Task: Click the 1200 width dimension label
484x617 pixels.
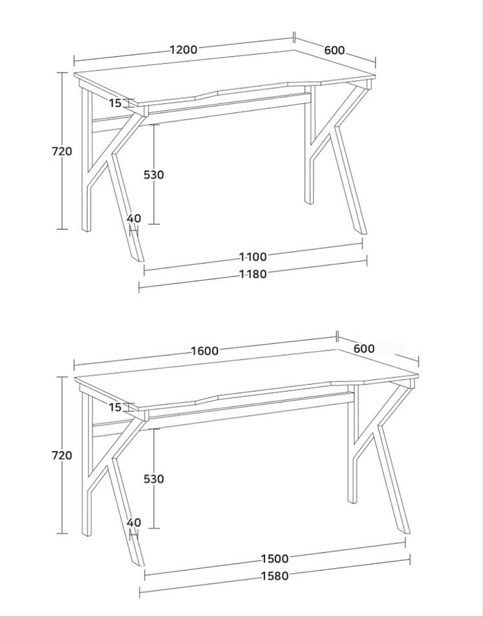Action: coord(183,50)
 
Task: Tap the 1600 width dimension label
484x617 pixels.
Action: coord(205,350)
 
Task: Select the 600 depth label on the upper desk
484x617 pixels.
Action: coord(334,50)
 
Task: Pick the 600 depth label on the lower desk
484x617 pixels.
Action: coord(364,349)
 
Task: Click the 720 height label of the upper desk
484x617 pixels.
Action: coord(62,151)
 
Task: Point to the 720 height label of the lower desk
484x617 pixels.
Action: coord(62,455)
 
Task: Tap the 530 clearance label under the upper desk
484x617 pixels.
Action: coord(154,175)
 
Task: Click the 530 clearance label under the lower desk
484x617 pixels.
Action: coord(154,479)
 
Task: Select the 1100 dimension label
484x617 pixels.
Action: coord(254,257)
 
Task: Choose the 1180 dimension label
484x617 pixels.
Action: coord(254,274)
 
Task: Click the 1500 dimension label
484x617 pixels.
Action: coord(275,559)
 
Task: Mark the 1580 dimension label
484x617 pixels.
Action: coord(275,576)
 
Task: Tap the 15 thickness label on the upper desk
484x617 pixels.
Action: coord(116,103)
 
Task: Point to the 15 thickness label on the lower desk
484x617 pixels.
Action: coord(116,407)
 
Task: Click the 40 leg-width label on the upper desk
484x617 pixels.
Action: coord(134,218)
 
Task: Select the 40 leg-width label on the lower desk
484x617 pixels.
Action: coord(134,523)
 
